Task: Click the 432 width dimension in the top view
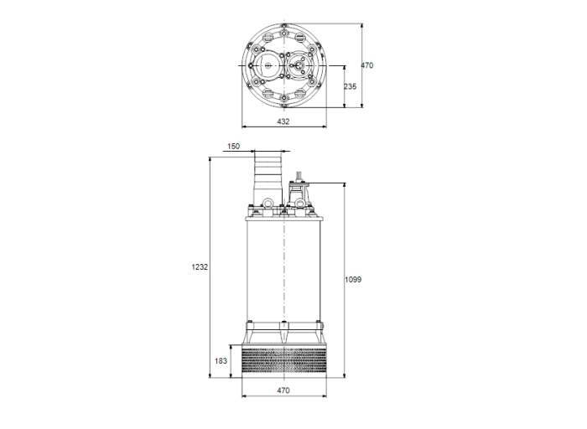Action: (x=283, y=121)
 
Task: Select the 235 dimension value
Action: (x=351, y=85)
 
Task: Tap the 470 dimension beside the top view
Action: (x=366, y=65)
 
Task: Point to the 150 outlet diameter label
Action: (x=233, y=146)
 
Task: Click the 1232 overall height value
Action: (x=199, y=266)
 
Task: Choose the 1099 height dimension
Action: (x=353, y=279)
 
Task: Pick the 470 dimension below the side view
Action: (x=283, y=391)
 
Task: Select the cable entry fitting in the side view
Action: (x=299, y=191)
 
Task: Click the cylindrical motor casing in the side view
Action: (x=283, y=268)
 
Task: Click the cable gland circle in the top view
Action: (x=299, y=65)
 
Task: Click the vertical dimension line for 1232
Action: (x=210, y=266)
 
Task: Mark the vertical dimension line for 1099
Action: (x=343, y=279)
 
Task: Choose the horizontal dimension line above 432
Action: (x=283, y=114)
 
